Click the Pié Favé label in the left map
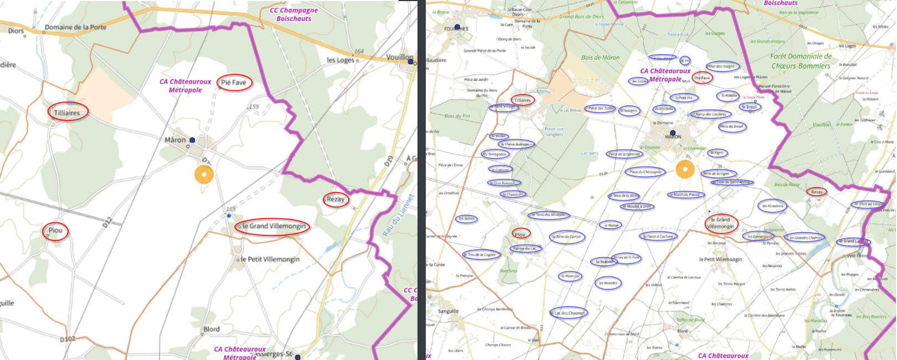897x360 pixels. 234,83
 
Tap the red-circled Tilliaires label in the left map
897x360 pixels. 67,112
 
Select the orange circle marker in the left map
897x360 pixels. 204,175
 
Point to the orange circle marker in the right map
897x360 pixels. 685,169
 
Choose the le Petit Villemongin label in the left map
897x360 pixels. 270,259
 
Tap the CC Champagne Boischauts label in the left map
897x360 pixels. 293,14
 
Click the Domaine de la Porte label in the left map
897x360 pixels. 75,27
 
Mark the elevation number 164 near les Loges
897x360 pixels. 359,52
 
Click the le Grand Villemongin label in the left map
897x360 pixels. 274,226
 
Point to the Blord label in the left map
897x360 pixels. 212,329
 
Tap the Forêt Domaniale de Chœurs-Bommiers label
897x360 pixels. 801,61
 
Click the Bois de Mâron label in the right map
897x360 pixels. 600,58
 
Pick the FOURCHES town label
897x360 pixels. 456,29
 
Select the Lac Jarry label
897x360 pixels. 589,153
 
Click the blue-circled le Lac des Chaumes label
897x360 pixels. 569,313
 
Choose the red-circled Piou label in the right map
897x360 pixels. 520,234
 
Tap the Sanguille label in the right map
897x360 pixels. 448,311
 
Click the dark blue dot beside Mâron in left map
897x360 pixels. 192,140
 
